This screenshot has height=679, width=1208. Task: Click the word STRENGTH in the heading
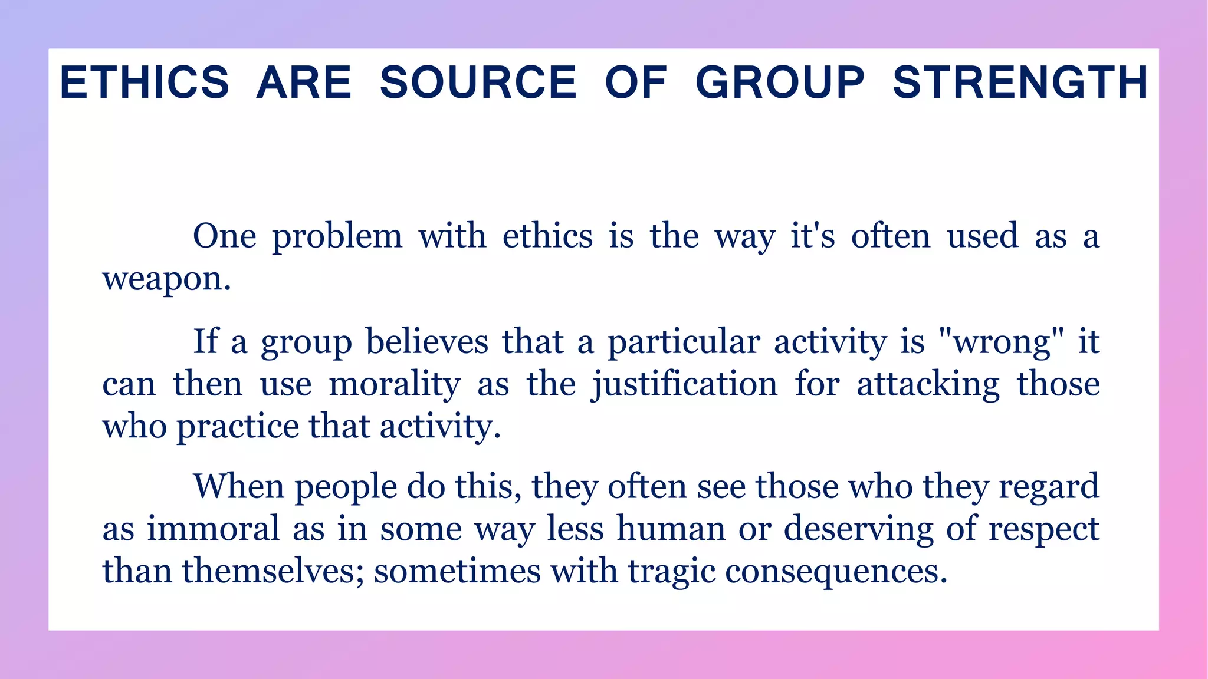coord(1020,83)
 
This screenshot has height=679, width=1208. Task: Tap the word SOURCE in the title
coord(478,83)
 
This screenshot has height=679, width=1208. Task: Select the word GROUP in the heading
coord(780,83)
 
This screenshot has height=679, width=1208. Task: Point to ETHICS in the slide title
coord(145,83)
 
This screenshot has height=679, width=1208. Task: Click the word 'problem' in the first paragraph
coord(337,237)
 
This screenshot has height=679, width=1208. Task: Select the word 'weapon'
coord(166,278)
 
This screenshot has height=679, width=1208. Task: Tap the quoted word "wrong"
coord(1001,342)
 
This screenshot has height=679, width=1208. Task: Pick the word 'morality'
coord(394,384)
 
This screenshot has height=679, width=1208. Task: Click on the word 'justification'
coord(684,384)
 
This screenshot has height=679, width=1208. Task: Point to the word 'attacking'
coord(928,384)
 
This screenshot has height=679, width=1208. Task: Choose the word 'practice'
coord(238,426)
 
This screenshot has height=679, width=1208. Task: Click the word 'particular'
coord(684,342)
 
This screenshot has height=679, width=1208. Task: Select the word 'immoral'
coord(213,528)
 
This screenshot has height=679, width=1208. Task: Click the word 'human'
coord(671,528)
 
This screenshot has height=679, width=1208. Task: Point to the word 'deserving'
coord(858,528)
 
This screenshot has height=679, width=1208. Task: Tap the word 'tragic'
coord(671,571)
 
